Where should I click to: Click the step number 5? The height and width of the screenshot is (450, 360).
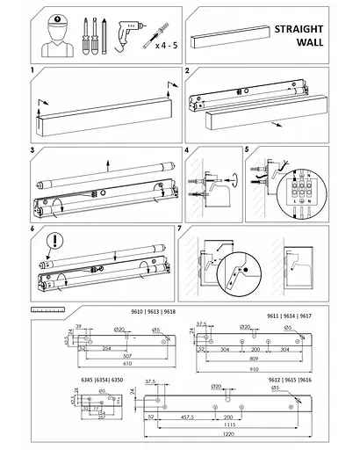click(248, 150)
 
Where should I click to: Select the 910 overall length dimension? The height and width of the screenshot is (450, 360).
click(254, 370)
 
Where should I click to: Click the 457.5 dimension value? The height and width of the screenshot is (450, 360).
click(184, 416)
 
